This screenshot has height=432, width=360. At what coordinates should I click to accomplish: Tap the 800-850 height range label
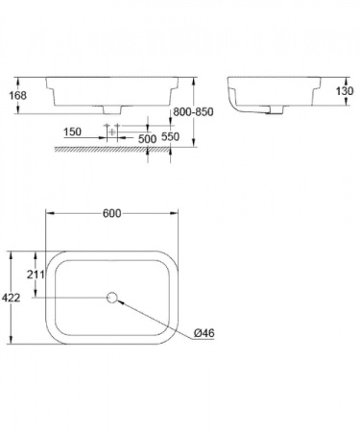[214, 111]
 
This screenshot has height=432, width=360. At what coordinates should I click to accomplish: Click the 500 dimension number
[147, 138]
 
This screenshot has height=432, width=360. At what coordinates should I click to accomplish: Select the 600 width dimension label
[112, 216]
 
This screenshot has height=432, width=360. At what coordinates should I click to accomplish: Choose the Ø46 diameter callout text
[204, 332]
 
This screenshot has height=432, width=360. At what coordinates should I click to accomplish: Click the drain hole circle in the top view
[112, 298]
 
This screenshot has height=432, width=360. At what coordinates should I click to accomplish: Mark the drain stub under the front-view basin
[112, 108]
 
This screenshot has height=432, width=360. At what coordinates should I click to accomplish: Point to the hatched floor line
[115, 150]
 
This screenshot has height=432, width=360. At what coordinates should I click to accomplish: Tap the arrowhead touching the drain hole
[121, 301]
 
